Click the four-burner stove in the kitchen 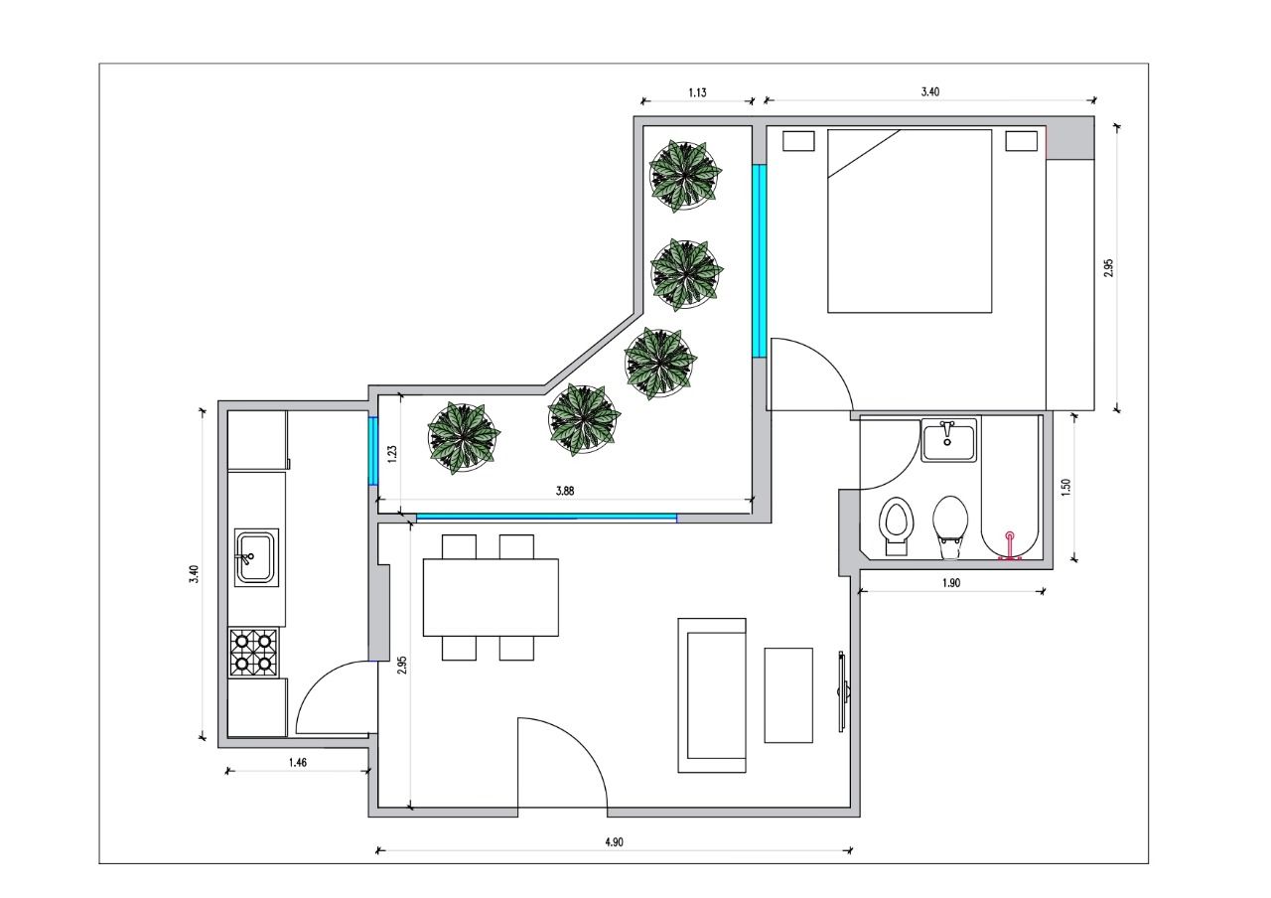[253, 653]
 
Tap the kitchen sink [256, 557]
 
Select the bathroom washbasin [948, 440]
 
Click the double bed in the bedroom [910, 221]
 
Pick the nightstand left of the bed [798, 141]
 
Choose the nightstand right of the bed [1022, 141]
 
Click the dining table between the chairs [491, 597]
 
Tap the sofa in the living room [712, 695]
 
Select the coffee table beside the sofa [788, 695]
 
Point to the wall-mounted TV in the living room [843, 692]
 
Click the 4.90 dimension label [614, 841]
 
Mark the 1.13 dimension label [697, 92]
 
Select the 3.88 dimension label [565, 491]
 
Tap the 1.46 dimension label [297, 762]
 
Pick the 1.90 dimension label [951, 582]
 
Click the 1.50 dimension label [1065, 488]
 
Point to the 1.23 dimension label [391, 454]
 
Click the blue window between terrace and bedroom [760, 261]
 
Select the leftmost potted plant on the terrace [464, 438]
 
